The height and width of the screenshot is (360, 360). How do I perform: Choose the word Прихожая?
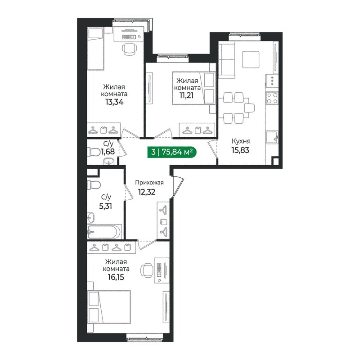pyautogui.click(x=149, y=182)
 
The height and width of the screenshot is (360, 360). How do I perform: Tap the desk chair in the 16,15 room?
pyautogui.click(x=147, y=270)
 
